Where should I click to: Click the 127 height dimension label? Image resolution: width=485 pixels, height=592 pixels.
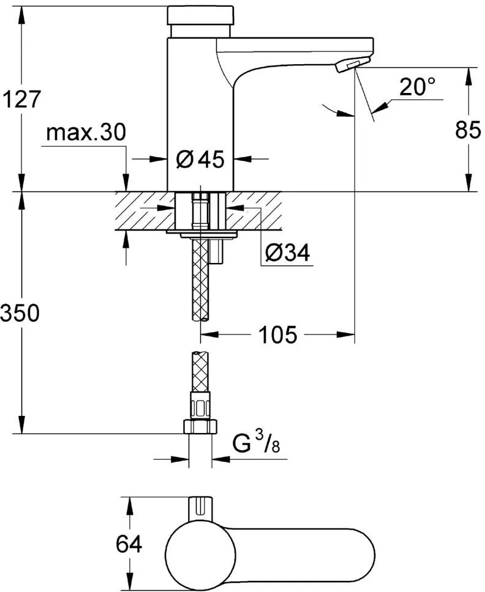coord(21,99)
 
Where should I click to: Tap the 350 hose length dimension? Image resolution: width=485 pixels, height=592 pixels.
coord(20,313)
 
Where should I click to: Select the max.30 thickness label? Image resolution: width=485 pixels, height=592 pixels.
coord(86,133)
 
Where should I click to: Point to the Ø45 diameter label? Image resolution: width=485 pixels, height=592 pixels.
coord(200,159)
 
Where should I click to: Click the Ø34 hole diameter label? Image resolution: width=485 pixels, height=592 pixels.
coord(287,252)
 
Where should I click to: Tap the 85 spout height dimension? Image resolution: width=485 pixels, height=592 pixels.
coord(468,130)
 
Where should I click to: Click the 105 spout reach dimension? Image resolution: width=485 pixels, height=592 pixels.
coord(278,335)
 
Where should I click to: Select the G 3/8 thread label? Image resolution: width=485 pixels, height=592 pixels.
coord(256,443)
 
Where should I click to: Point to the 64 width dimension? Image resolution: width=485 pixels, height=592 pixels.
coord(129,544)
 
